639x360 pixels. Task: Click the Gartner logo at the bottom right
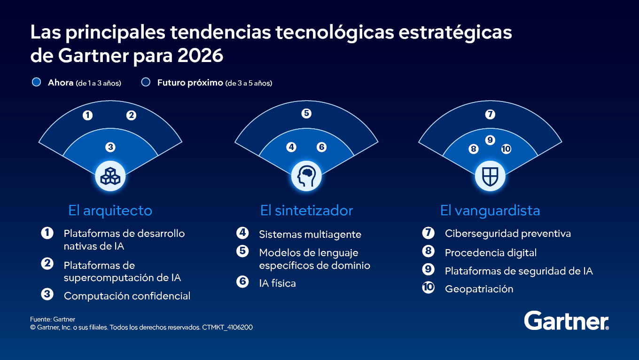[566, 321]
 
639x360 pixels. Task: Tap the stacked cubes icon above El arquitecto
[110, 176]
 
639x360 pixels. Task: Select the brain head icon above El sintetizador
[306, 176]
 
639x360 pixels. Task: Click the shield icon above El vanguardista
[490, 176]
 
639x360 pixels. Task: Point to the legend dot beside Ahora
[36, 82]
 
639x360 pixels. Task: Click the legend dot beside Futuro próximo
[146, 82]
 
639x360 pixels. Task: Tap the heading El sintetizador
[306, 210]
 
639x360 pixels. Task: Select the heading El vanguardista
[490, 210]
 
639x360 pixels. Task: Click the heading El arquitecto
[110, 210]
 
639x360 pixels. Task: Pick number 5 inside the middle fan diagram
[306, 113]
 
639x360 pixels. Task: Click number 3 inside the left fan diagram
[110, 147]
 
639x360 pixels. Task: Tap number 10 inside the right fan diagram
[506, 149]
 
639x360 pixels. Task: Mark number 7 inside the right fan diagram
[490, 114]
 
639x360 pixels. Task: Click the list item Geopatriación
[479, 289]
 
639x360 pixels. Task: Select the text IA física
[277, 283]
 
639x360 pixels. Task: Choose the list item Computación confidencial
[127, 296]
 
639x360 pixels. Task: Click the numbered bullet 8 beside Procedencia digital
[428, 251]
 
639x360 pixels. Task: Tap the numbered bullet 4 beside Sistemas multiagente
[242, 233]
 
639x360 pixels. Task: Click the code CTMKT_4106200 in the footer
[227, 327]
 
